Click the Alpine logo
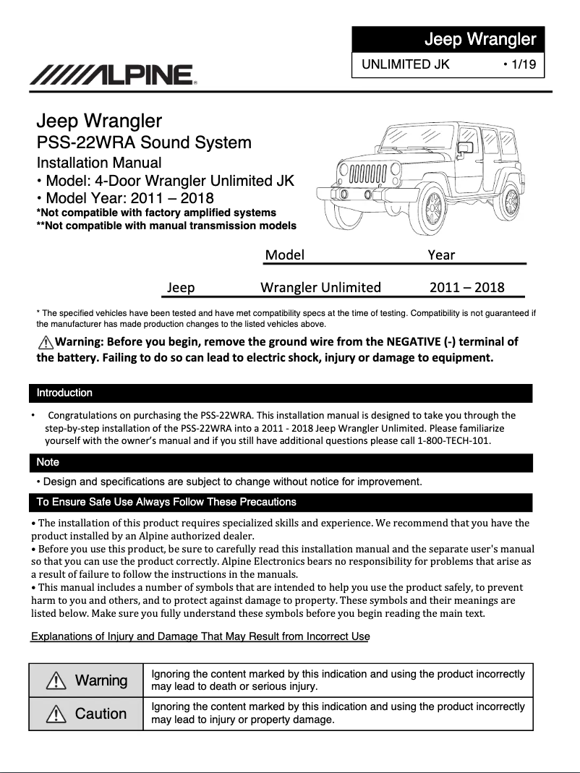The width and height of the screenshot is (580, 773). tap(113, 74)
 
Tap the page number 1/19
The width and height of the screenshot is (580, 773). tap(519, 64)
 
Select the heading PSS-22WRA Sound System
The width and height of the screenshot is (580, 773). tap(144, 142)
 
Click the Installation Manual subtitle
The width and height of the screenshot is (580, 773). tap(99, 163)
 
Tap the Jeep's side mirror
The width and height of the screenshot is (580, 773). tap(465, 149)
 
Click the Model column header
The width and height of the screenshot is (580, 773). tap(284, 255)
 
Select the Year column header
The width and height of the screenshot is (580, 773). tap(441, 255)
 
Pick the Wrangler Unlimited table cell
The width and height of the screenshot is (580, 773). tap(320, 287)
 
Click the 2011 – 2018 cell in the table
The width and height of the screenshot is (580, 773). tap(466, 287)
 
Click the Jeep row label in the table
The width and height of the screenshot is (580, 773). tap(181, 287)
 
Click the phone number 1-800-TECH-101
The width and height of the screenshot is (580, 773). tap(454, 440)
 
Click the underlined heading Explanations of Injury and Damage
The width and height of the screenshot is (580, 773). tap(200, 636)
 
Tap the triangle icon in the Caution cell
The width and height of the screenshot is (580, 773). tap(56, 714)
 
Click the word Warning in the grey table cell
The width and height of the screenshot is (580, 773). tap(101, 680)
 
